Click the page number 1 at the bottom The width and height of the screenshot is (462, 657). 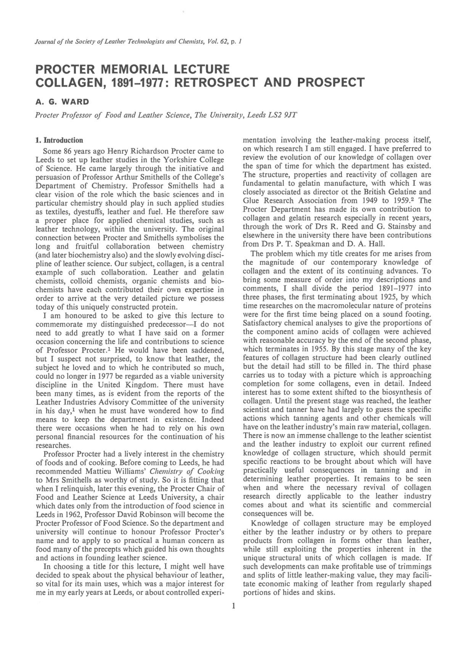[233, 605]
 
